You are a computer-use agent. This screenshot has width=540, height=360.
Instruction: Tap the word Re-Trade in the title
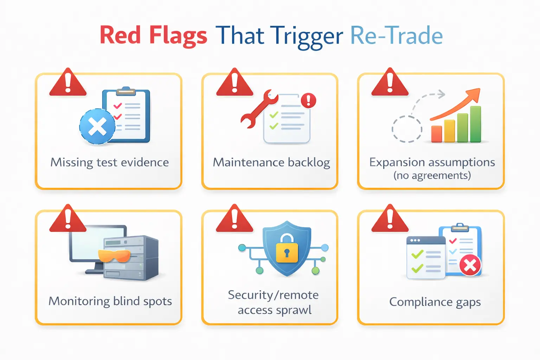(x=396, y=36)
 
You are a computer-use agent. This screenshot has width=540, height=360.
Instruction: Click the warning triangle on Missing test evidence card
(x=68, y=83)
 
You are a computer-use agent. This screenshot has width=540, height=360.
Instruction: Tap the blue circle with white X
(x=97, y=127)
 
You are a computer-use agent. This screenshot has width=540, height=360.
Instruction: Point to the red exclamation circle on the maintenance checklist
(x=309, y=101)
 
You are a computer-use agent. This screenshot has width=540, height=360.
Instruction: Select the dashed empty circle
(x=407, y=129)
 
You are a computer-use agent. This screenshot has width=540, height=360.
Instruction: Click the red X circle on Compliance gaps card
(x=470, y=265)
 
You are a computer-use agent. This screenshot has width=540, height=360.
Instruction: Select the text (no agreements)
(x=432, y=175)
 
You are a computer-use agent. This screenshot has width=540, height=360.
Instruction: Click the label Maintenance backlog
(x=271, y=162)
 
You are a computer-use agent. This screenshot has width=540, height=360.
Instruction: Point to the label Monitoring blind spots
(x=110, y=301)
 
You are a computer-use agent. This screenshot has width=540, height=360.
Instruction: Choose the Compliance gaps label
(x=435, y=302)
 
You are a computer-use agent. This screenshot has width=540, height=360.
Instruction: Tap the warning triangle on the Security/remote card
(x=234, y=219)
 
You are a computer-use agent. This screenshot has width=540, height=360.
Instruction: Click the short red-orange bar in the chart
(x=436, y=134)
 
